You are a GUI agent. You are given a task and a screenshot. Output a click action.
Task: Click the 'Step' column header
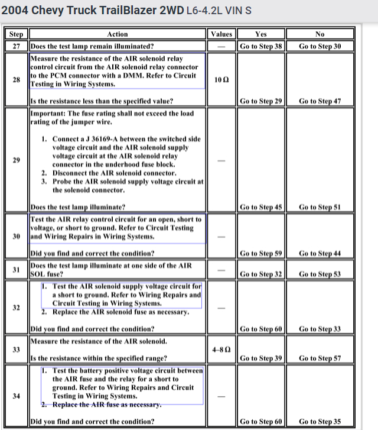[17, 34]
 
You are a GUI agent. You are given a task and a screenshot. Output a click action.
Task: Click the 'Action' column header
[118, 34]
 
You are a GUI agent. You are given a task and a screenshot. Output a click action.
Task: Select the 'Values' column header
[221, 34]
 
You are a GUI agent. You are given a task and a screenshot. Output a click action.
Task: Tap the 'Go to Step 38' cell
[261, 46]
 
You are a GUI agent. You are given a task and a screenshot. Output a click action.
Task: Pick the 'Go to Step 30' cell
[320, 46]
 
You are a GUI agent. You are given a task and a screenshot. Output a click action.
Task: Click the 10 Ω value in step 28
[221, 79]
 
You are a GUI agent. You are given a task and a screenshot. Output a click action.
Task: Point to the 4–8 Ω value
[221, 350]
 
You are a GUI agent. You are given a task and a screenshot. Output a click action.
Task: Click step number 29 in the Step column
[17, 160]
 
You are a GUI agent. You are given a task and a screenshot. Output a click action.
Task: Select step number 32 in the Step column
[17, 307]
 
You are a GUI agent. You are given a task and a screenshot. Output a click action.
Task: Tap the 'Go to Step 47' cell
[320, 101]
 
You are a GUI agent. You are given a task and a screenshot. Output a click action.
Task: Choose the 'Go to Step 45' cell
[261, 207]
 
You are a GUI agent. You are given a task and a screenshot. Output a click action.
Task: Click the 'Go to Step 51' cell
[320, 207]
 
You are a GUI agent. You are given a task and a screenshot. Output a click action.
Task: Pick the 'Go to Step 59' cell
[261, 253]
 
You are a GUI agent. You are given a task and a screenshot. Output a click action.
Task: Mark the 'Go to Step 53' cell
[320, 274]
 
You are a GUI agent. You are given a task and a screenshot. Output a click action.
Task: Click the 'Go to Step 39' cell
[261, 358]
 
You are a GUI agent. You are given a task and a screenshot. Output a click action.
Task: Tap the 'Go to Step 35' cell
[320, 422]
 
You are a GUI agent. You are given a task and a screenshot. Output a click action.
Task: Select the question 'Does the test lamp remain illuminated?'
[93, 46]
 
